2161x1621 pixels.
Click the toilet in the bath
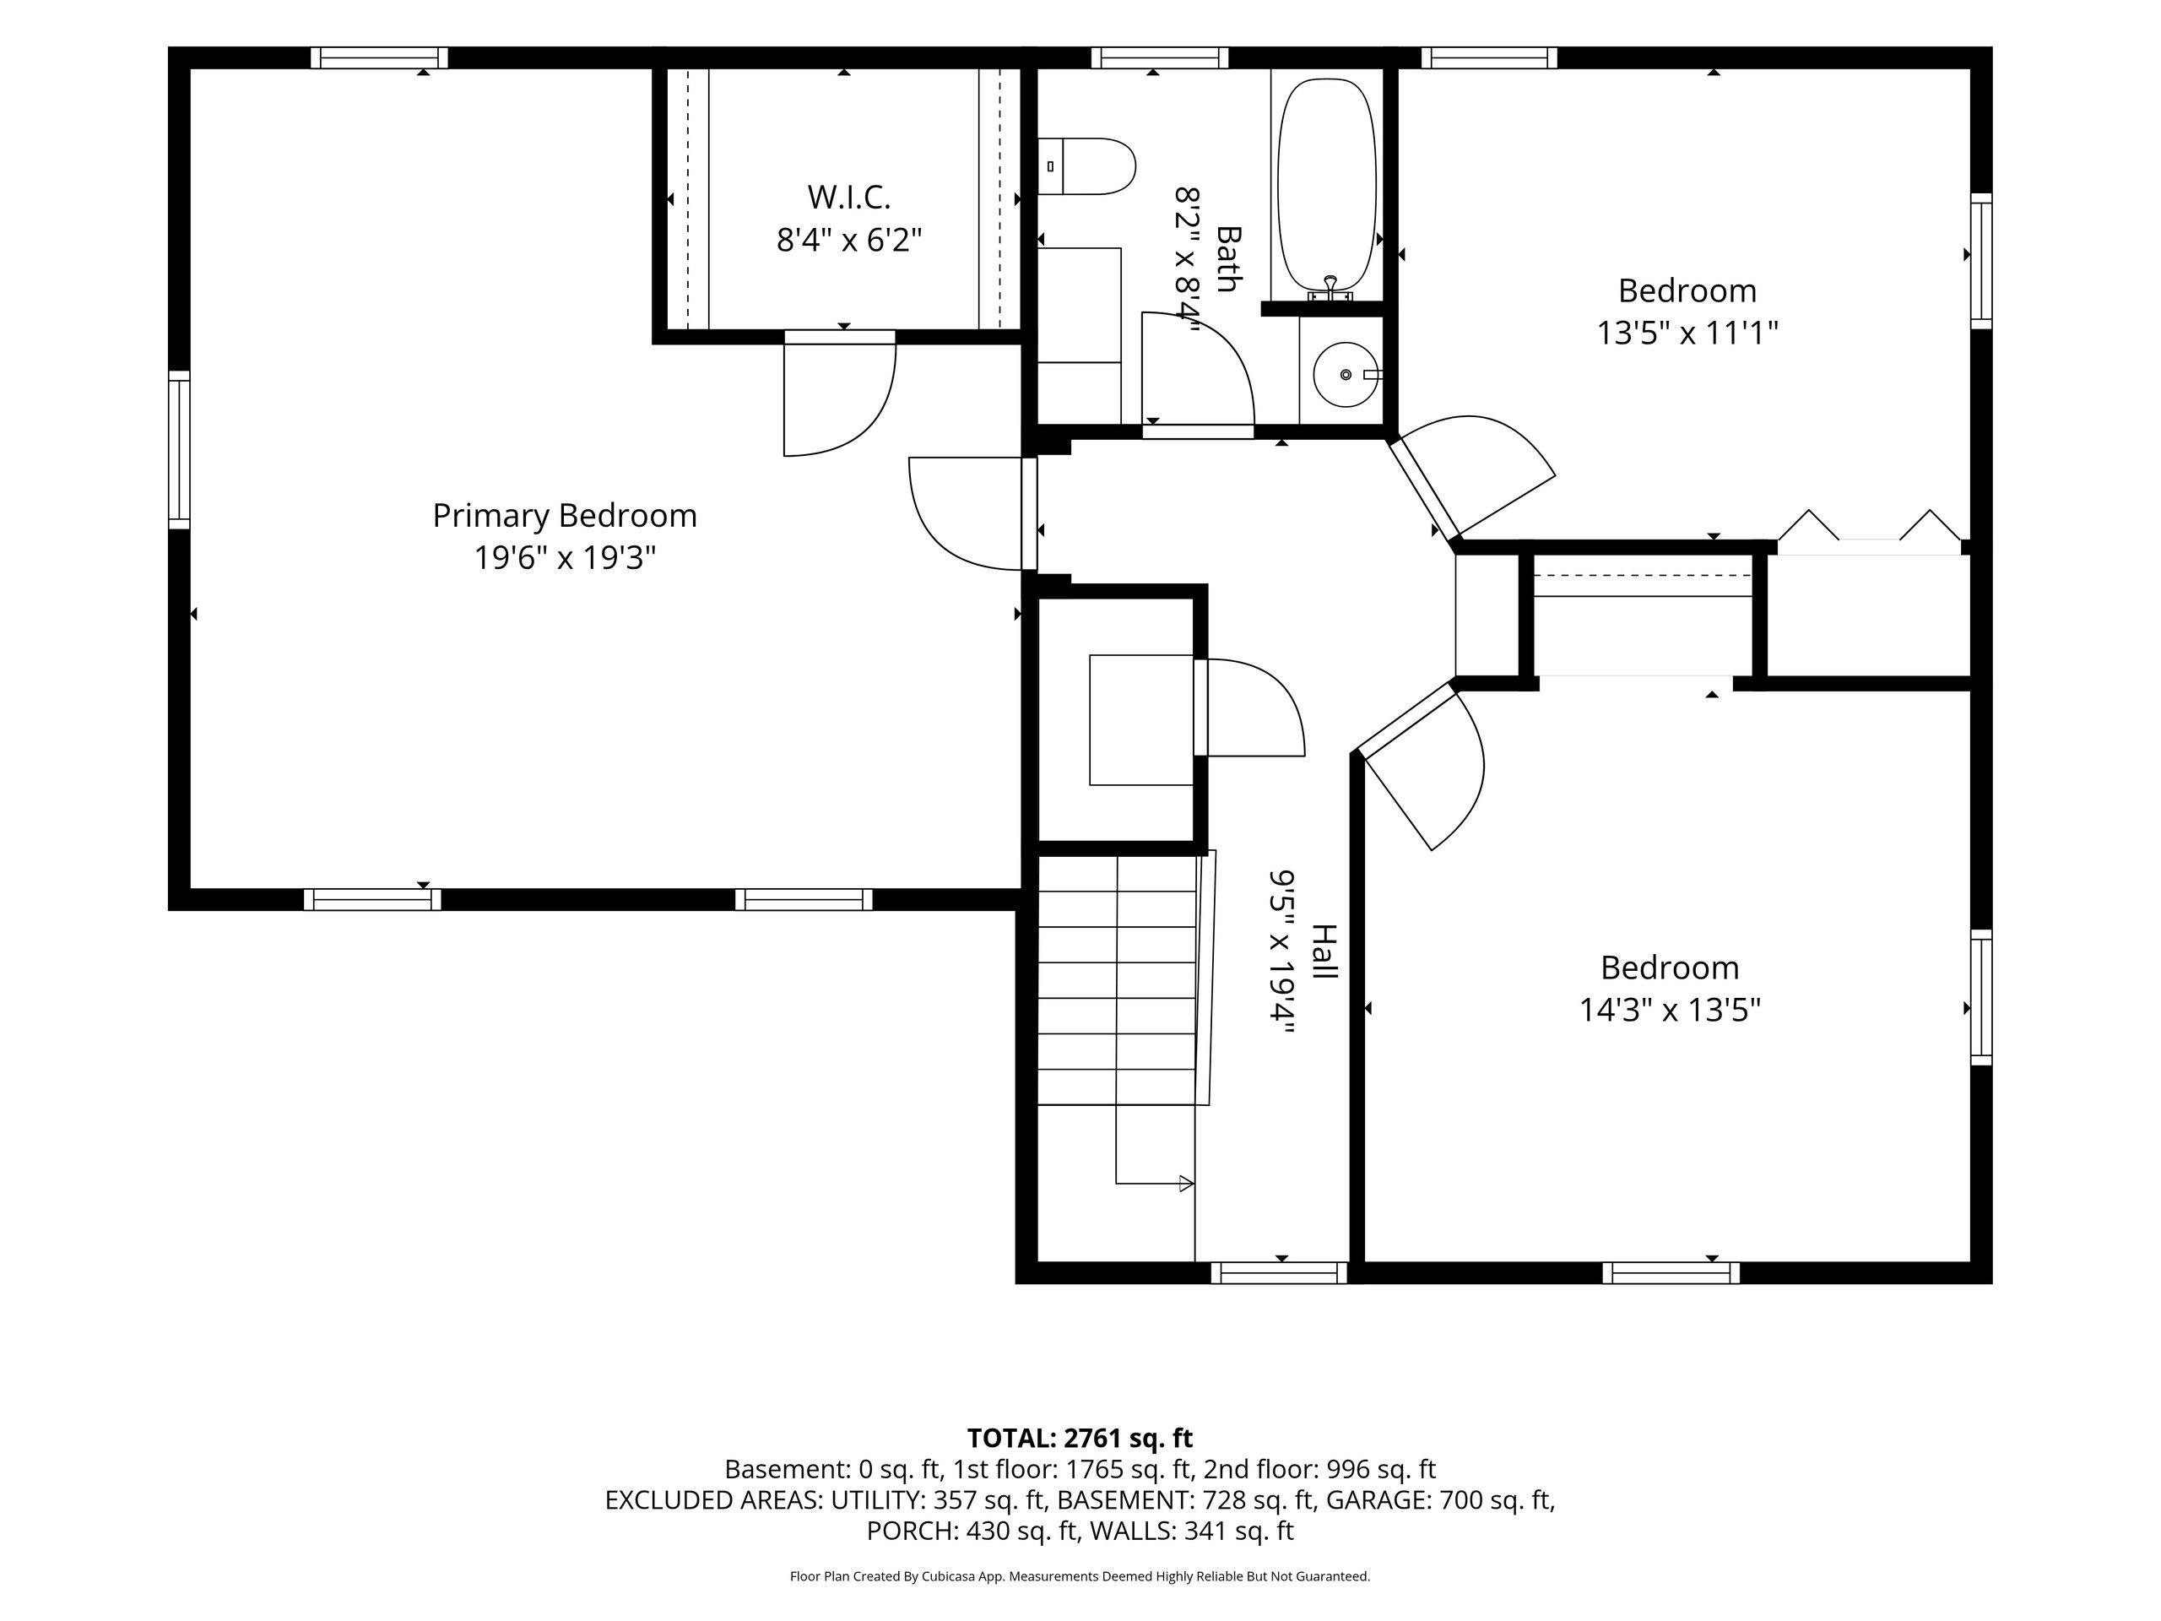coord(1086,166)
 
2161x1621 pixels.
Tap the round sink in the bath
coord(1346,374)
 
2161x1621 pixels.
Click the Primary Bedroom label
coord(565,515)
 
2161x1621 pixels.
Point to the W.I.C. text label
coord(849,197)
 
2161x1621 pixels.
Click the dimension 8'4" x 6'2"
coord(849,240)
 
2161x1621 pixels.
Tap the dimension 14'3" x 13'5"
coord(1670,1010)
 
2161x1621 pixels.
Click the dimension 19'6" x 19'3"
coord(565,558)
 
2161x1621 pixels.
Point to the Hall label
coord(1324,951)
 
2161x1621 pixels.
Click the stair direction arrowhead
coord(1187,1185)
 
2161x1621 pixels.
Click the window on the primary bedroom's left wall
coord(179,449)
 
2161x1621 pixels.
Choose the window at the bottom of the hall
coord(1280,1273)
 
